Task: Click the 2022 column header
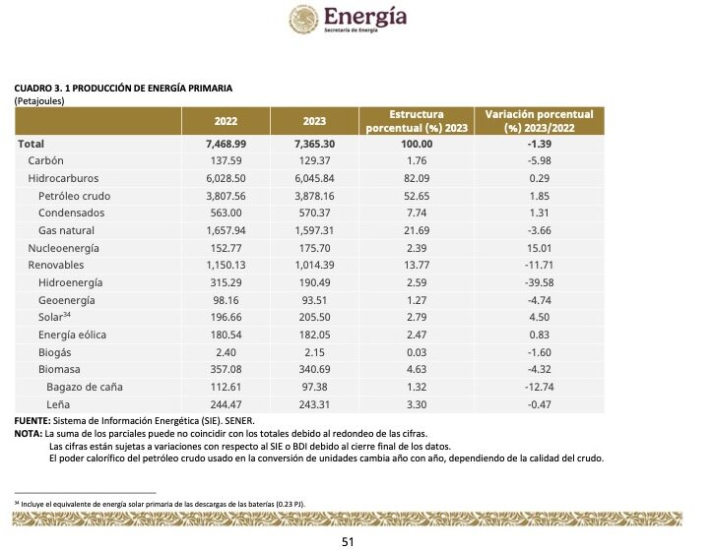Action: [227, 121]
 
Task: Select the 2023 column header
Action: [316, 121]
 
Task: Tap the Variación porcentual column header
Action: [540, 121]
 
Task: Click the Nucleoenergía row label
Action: [64, 248]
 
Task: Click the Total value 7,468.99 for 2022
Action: [226, 144]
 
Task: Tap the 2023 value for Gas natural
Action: [316, 230]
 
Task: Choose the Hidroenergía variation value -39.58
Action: [540, 282]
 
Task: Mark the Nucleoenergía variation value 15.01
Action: [540, 248]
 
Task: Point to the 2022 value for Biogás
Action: [226, 352]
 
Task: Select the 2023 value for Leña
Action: [316, 404]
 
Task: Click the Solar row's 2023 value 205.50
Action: [316, 317]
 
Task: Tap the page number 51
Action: [347, 539]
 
